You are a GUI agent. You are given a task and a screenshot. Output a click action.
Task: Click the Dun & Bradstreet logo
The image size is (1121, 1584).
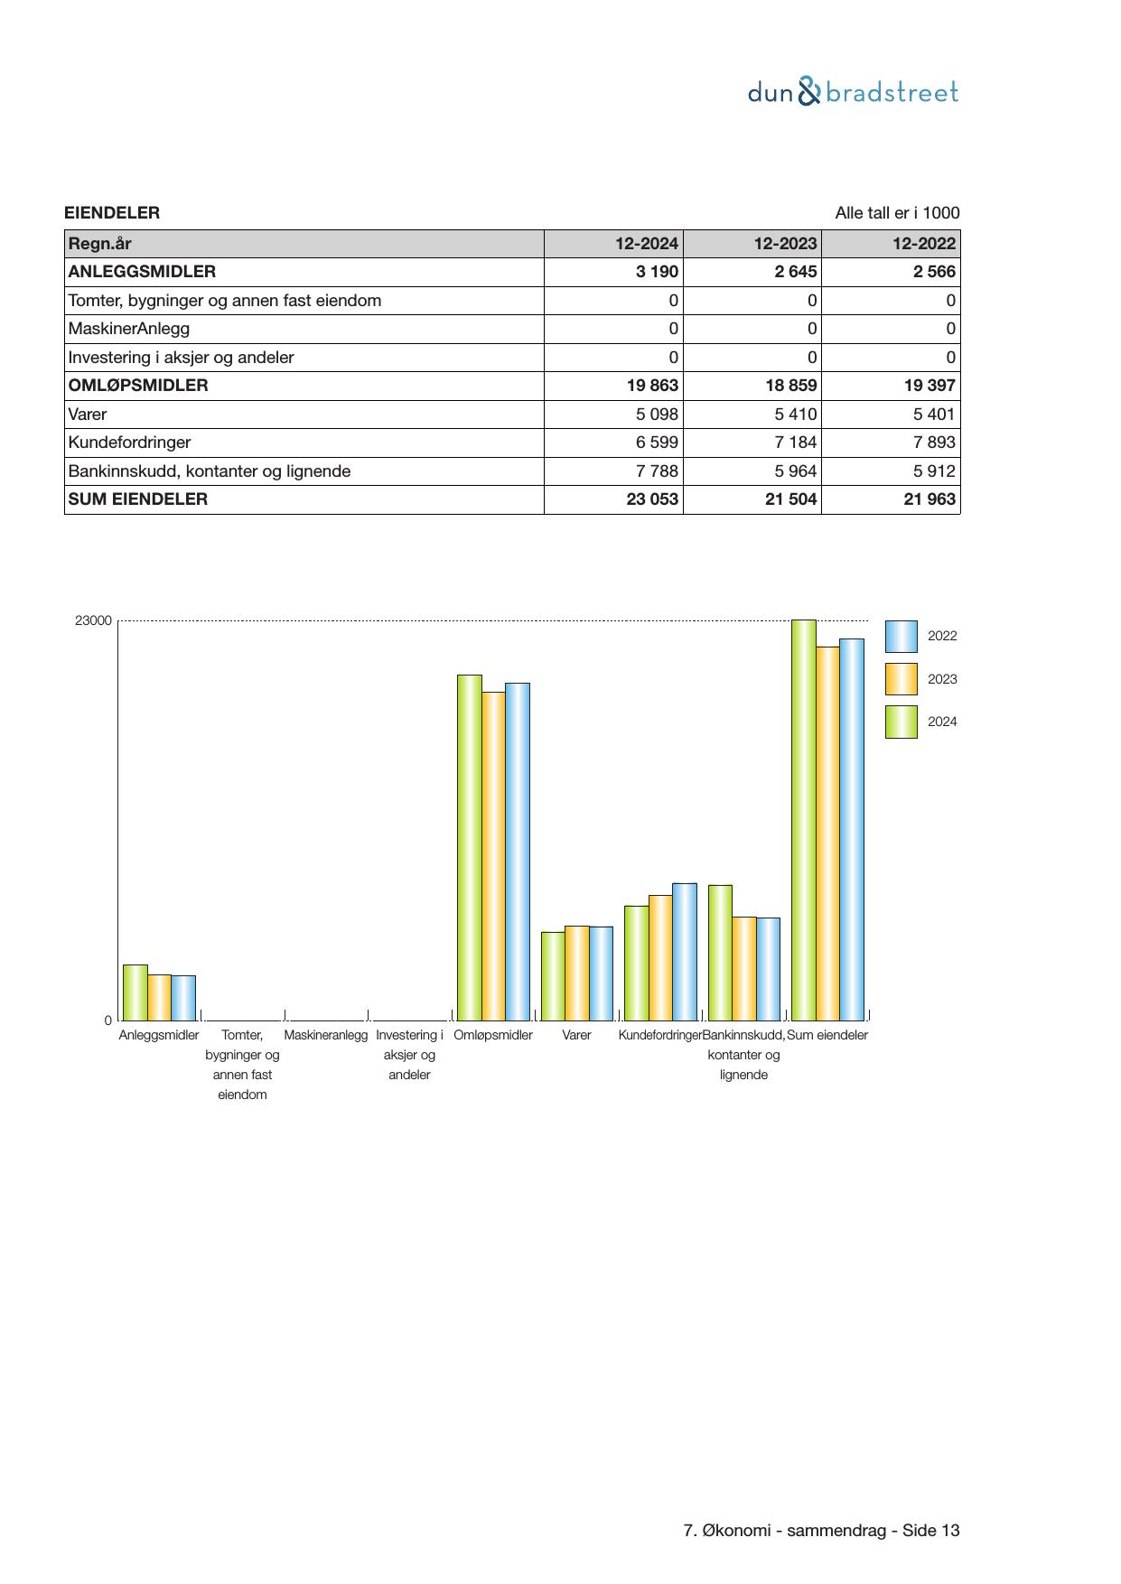[853, 92]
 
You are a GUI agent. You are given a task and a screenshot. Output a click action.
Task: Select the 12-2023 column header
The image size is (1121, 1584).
[785, 243]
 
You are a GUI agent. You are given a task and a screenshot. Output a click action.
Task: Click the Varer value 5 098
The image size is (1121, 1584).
[652, 415]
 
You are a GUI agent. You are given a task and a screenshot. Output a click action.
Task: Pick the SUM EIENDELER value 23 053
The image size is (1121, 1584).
[651, 499]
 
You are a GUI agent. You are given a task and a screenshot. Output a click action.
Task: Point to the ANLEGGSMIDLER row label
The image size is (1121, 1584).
[142, 272]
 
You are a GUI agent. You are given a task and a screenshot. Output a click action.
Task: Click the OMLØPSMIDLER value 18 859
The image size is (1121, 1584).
[790, 386]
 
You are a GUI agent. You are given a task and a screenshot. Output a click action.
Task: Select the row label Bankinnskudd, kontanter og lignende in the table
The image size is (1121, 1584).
[210, 471]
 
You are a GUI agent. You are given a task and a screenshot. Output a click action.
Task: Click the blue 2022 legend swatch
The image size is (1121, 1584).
[901, 637]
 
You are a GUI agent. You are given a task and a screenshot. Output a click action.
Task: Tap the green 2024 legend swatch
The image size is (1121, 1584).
[901, 722]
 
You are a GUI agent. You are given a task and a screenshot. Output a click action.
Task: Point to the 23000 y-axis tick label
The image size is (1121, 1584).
[93, 621]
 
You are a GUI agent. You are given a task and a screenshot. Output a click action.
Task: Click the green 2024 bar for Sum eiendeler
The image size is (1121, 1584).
[803, 820]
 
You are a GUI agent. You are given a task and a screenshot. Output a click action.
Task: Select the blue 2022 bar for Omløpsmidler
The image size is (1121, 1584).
[517, 851]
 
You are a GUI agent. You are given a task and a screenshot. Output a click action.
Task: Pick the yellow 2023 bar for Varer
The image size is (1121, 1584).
[576, 973]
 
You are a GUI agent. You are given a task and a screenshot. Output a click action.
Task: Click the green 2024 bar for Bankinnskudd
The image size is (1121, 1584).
[720, 953]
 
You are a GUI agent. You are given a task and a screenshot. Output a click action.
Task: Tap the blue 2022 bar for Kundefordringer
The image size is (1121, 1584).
[685, 952]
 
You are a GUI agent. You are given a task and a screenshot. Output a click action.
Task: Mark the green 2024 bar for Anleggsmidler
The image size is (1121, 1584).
[135, 992]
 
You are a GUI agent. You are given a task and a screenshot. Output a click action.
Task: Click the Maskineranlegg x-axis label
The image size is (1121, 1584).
[325, 1035]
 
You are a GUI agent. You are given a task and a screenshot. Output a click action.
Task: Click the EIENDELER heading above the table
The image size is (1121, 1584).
[112, 213]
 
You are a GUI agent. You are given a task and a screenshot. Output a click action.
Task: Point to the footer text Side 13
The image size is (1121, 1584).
[930, 1531]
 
